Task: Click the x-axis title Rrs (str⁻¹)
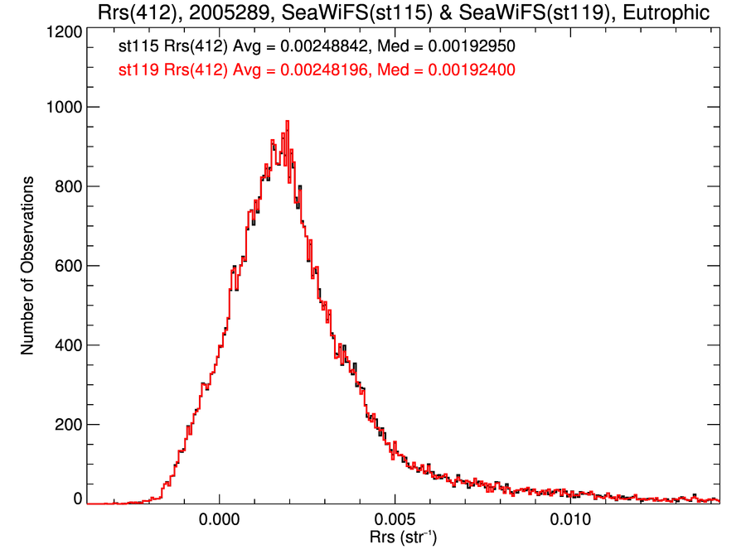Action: click(403, 538)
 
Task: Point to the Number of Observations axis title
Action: click(27, 266)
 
